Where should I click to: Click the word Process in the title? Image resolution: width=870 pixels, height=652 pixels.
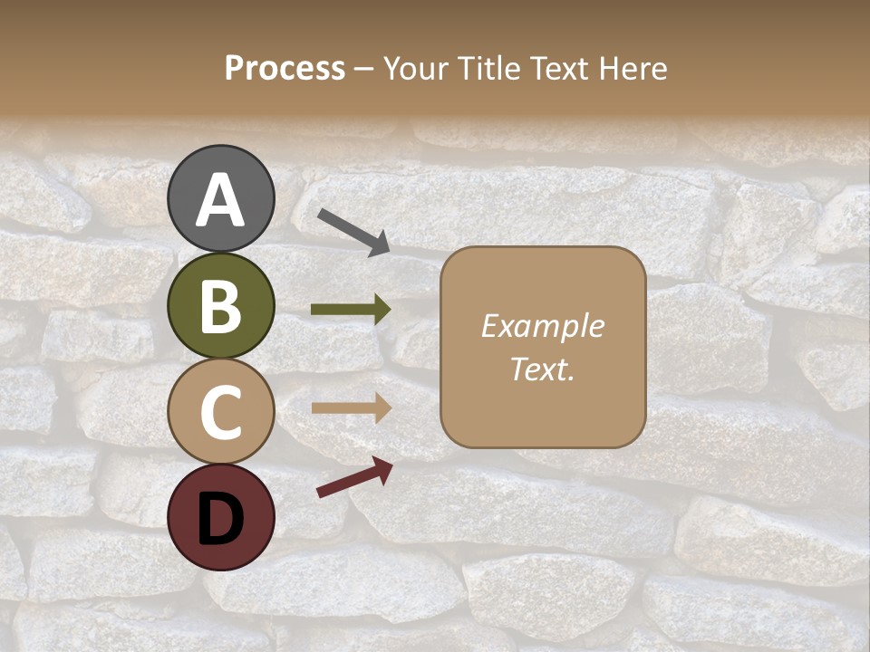pos(285,69)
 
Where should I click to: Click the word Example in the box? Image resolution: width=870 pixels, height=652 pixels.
pos(542,326)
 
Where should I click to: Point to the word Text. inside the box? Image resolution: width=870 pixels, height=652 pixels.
pos(542,369)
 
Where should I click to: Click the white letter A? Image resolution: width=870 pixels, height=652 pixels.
pos(221,201)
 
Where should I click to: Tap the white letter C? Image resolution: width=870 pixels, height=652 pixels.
pos(221,413)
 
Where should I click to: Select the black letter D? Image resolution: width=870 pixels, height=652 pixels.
pos(221,520)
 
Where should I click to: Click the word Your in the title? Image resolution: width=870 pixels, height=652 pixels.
pos(413,69)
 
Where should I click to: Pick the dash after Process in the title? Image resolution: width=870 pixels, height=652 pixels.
pos(363,70)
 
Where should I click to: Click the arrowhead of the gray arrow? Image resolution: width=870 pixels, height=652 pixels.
pos(380,244)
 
